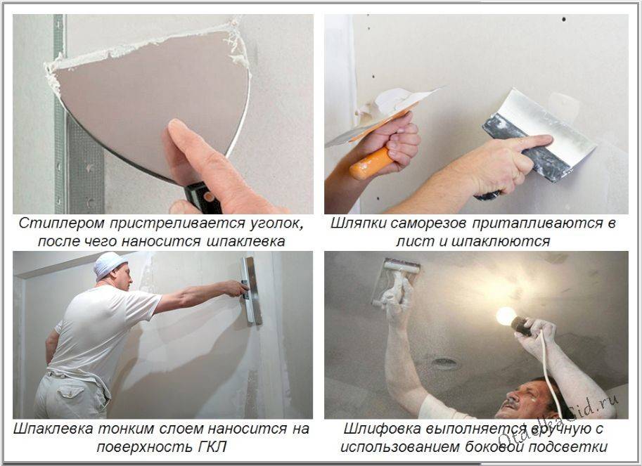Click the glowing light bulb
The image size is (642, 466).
(506, 316)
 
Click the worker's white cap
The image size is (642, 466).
(108, 264)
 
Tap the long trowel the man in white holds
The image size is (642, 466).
(252, 290)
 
